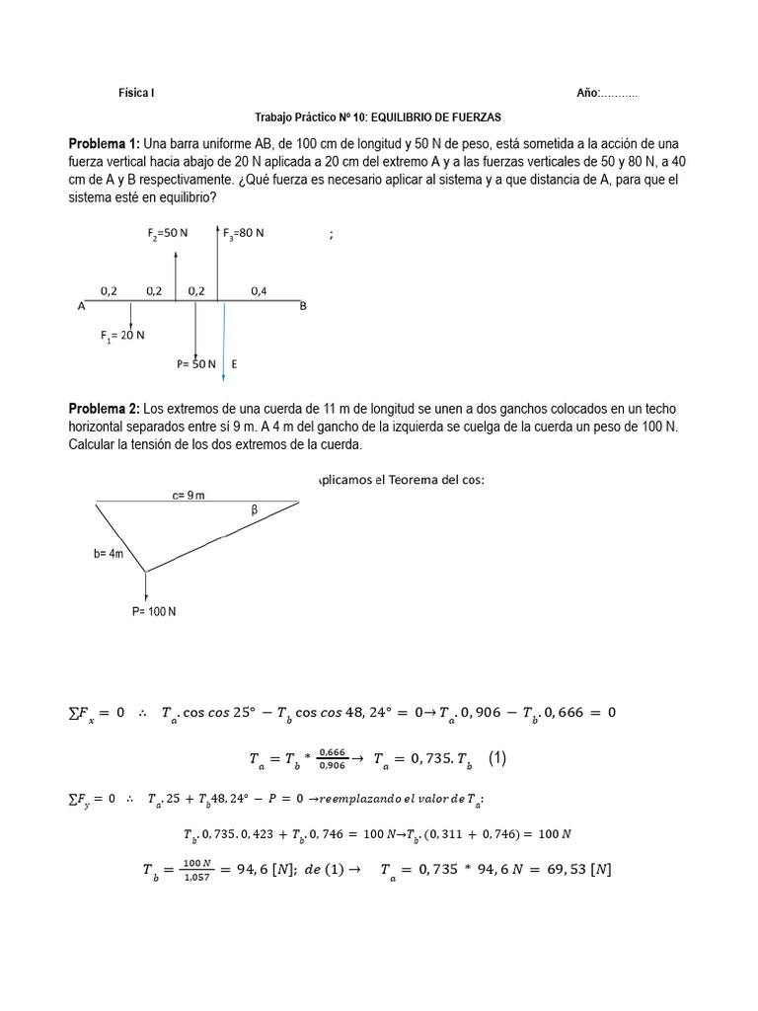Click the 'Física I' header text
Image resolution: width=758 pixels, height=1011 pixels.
point(136,93)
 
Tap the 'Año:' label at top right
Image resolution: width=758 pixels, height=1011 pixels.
point(588,93)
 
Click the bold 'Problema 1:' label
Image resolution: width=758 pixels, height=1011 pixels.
point(105,144)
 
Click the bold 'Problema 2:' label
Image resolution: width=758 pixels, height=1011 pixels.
point(105,409)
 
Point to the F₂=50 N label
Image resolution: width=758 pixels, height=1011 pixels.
point(166,233)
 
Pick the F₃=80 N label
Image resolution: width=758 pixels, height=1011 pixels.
point(243,233)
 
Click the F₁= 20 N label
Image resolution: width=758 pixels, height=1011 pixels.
point(122,335)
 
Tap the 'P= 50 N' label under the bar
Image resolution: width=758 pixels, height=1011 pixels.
point(196,363)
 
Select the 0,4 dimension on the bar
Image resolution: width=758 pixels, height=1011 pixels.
point(259,290)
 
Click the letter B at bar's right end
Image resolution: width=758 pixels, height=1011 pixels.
point(303,306)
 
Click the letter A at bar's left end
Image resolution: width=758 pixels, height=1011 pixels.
point(81,306)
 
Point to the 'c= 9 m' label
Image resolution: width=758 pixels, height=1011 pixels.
point(188,496)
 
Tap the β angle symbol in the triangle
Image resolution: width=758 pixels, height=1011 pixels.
point(254,510)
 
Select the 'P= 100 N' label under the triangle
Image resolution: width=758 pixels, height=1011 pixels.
point(154,611)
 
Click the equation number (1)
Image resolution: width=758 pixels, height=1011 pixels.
point(497,758)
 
